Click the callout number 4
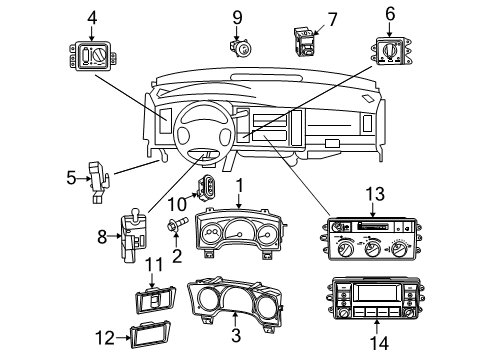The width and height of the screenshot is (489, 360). (x=92, y=16)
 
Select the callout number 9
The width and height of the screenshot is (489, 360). (x=237, y=16)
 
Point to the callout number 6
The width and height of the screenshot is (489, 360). (x=391, y=15)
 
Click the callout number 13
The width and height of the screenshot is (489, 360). (x=374, y=192)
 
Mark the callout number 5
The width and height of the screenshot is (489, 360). (x=71, y=178)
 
